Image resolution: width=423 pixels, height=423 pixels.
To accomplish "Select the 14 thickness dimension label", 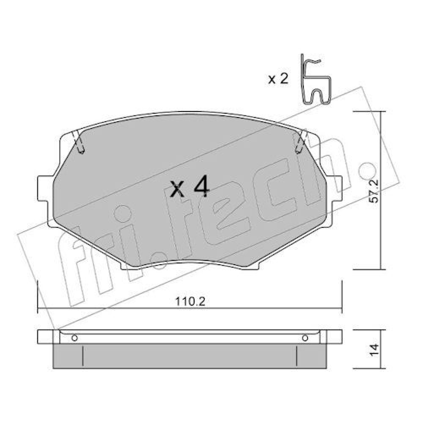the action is [x=374, y=350].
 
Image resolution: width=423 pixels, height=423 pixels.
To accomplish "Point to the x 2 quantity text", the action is [x=278, y=79].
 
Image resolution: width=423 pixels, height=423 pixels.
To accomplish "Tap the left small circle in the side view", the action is [x=74, y=338].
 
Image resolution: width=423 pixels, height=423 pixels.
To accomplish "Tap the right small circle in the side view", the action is [x=305, y=338].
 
